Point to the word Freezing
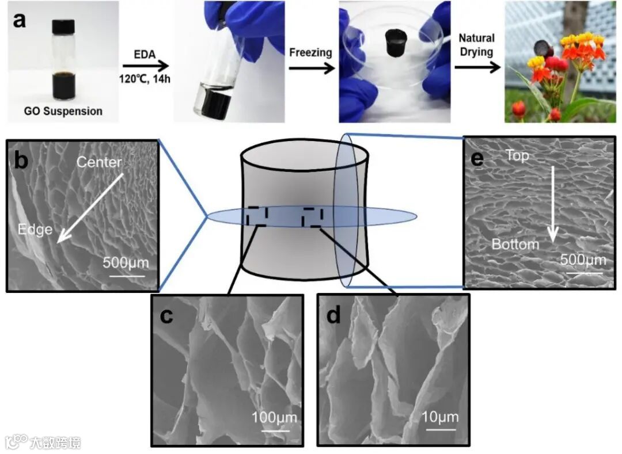point(311,52)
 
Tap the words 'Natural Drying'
point(476,45)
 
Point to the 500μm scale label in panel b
point(126,263)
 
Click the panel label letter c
point(166,316)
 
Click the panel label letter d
point(333,316)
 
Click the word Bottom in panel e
point(515,244)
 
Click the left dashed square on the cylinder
point(256,216)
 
